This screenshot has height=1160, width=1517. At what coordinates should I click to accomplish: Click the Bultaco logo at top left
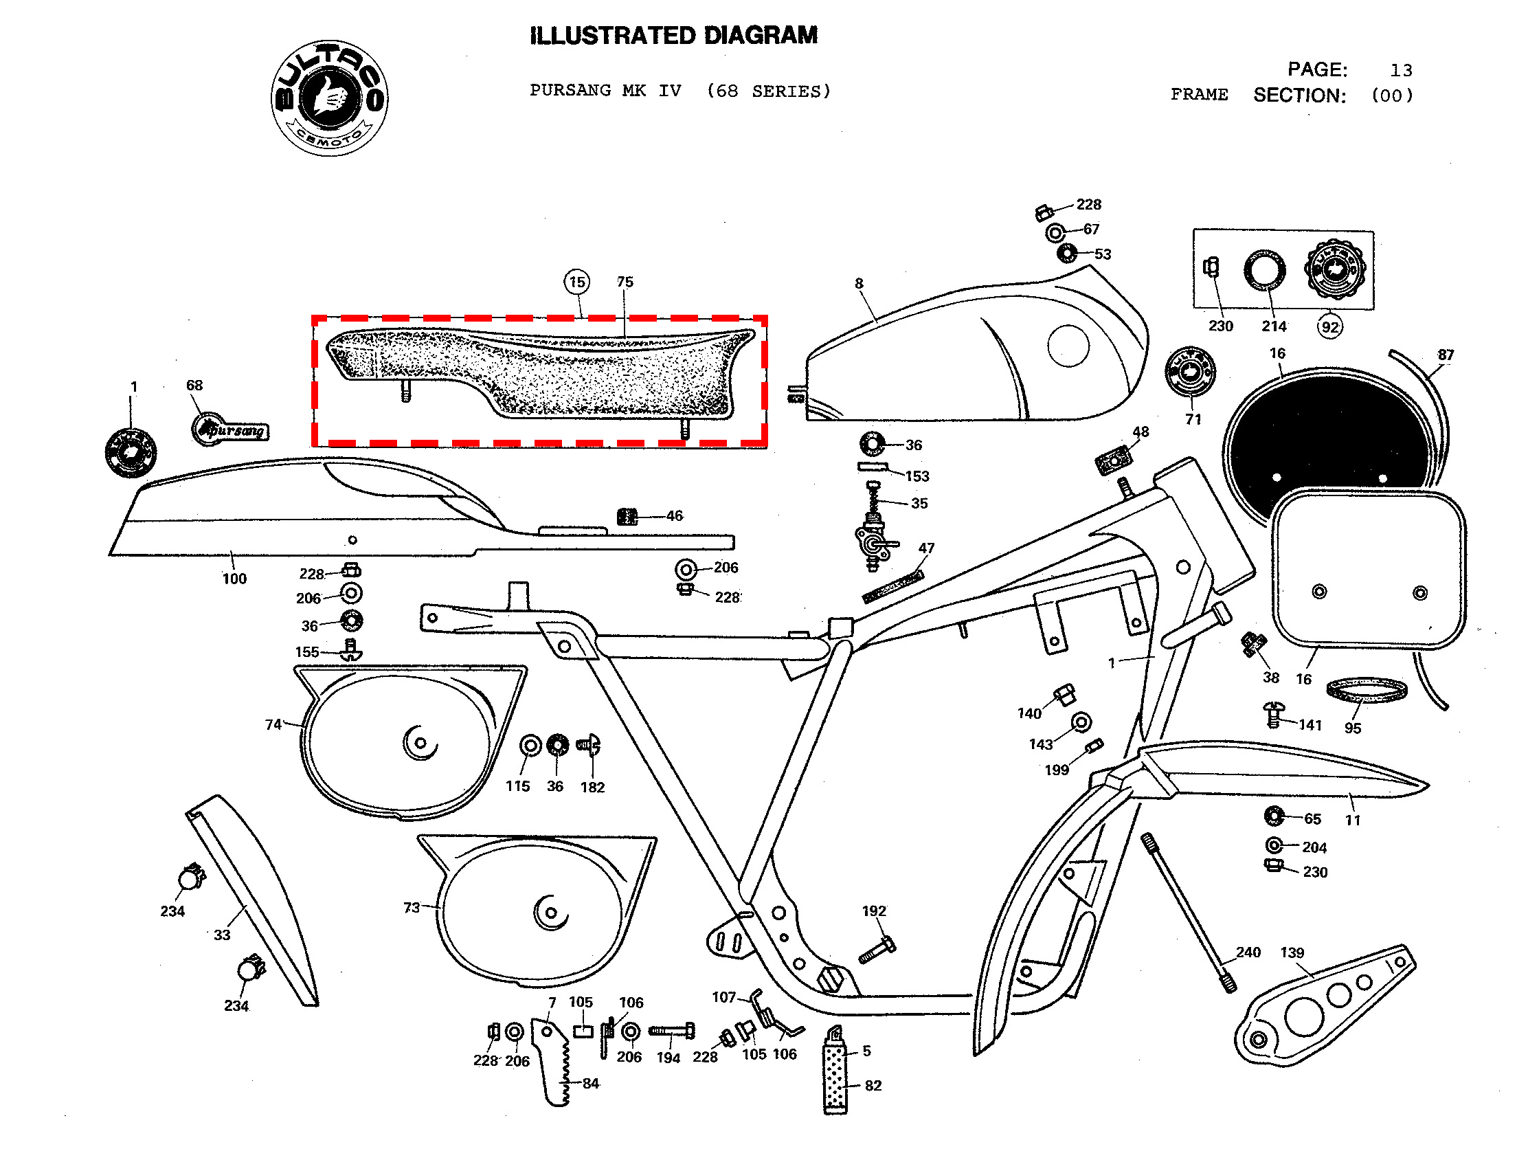pos(329,98)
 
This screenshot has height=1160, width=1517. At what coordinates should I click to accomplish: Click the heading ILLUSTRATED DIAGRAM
pos(673,35)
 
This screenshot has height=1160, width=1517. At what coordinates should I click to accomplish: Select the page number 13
pos(1400,70)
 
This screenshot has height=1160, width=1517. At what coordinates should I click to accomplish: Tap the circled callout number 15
pos(576,282)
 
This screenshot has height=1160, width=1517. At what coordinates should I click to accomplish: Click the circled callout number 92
pos(1329,326)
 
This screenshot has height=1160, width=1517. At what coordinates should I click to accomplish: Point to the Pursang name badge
pos(231,430)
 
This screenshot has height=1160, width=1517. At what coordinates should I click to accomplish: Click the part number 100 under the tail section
pos(234,579)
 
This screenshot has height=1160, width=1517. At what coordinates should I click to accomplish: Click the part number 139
pos(1292,953)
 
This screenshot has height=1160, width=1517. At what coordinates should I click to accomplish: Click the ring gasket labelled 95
pos(1366,690)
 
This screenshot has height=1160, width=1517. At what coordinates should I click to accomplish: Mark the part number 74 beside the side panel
pos(273,724)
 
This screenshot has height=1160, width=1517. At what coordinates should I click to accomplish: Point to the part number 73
pos(412,907)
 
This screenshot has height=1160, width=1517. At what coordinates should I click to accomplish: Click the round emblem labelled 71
pos(1189,372)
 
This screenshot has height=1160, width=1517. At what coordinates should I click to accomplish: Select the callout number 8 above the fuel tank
pos(859,283)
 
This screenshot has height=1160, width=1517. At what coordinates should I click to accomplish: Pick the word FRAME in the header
pos(1199,95)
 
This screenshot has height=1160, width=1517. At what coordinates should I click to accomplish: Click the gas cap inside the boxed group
pos(1334,269)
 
